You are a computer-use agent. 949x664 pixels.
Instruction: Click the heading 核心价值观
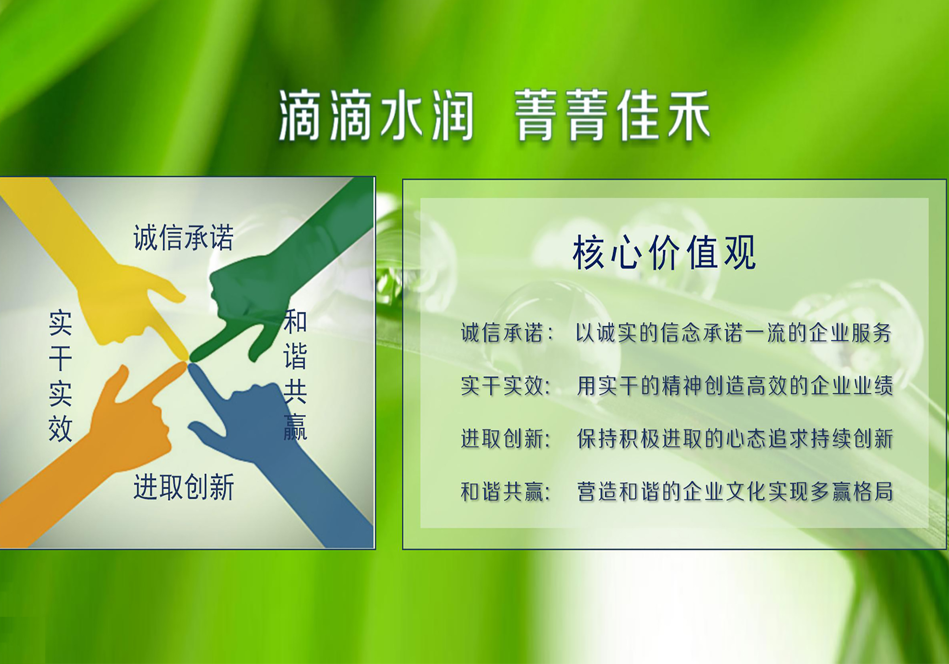tap(664, 253)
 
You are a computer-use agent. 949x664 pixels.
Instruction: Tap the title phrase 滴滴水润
tap(376, 116)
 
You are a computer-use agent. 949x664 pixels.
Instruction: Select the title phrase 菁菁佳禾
tap(613, 116)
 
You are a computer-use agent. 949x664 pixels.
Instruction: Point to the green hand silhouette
tap(270, 289)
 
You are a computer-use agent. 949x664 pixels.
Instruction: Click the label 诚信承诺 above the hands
tap(184, 237)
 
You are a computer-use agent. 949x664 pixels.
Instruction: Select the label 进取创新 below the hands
tap(184, 487)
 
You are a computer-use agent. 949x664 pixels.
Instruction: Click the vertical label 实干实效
tap(61, 376)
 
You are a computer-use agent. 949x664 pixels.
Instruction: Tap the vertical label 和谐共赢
tap(295, 375)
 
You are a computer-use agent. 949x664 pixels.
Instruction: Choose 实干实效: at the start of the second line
tap(506, 386)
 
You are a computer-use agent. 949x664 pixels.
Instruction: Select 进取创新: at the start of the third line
tap(506, 439)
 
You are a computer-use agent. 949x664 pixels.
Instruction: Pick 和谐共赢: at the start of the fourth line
tap(506, 492)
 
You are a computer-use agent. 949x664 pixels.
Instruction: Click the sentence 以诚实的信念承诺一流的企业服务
tap(734, 333)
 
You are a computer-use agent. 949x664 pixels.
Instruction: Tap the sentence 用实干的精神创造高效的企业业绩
tap(735, 386)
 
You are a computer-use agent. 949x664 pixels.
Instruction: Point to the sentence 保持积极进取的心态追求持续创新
tap(735, 439)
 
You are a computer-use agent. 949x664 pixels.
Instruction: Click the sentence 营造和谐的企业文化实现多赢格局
tap(735, 492)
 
